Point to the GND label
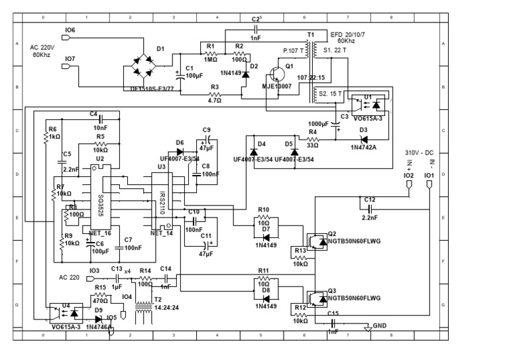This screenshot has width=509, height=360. click(x=380, y=326)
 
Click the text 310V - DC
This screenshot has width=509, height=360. click(x=420, y=152)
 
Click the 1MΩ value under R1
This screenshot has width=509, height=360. click(x=211, y=59)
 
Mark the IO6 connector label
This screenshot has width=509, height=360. click(x=70, y=30)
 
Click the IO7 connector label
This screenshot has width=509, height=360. click(x=70, y=59)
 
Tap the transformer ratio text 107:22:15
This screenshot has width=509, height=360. click(x=311, y=77)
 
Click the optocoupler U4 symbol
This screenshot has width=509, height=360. click(x=67, y=310)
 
